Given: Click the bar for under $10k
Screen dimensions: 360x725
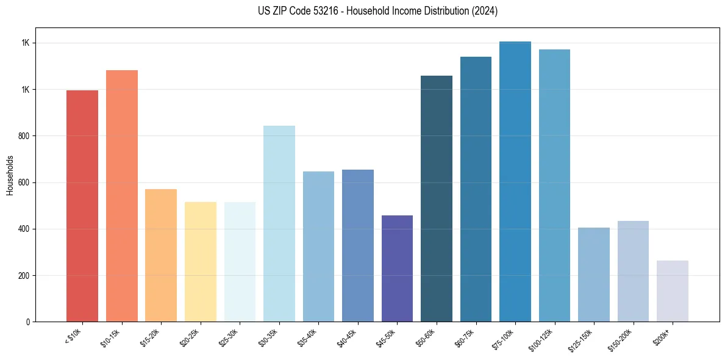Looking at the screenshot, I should (82, 206).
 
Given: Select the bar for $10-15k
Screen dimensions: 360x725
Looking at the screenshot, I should (121, 196).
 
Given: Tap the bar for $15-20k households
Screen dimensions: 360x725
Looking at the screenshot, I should (161, 255).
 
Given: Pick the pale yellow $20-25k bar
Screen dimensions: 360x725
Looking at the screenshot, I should (200, 262).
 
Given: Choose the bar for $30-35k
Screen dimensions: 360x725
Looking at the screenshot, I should (279, 223).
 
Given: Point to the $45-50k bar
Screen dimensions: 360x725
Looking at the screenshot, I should (397, 268).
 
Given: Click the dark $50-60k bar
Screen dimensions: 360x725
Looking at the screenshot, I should (437, 198).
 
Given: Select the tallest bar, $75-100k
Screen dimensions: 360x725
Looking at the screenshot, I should (515, 181).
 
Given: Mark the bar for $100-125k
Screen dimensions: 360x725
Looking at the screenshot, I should (554, 185).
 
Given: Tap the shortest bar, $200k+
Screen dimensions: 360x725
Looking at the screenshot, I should (673, 291).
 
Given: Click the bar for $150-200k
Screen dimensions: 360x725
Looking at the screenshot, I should (633, 271).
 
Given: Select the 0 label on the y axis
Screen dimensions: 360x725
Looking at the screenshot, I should (28, 322).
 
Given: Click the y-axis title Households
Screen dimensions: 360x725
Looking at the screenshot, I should (10, 175).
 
